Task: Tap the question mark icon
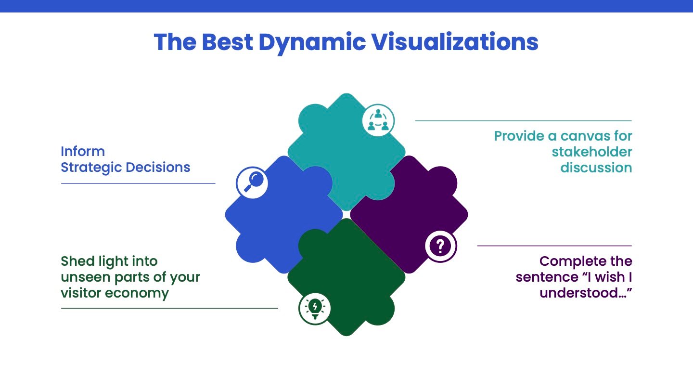tap(440, 246)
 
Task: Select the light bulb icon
tap(315, 309)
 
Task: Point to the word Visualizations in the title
tap(454, 42)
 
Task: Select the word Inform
tap(83, 151)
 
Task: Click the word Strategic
tap(91, 168)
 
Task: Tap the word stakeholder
tap(591, 152)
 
